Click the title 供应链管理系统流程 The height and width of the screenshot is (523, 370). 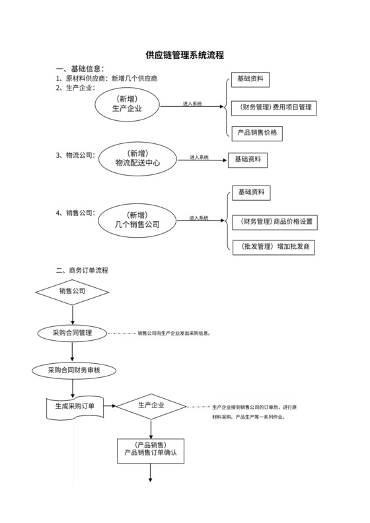click(x=184, y=55)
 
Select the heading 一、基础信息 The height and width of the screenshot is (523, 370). click(x=80, y=69)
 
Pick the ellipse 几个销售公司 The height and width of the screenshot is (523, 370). click(x=137, y=220)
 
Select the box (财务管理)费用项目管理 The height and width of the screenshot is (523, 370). click(x=276, y=106)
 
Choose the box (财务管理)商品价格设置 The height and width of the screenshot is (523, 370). click(x=276, y=221)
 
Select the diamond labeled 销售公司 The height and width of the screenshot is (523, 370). click(x=72, y=291)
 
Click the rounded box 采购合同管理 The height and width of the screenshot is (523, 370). click(x=71, y=333)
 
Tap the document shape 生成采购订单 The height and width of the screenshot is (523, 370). click(x=74, y=406)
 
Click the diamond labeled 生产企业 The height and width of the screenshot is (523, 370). click(x=151, y=405)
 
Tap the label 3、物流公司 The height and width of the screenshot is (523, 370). click(x=75, y=156)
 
